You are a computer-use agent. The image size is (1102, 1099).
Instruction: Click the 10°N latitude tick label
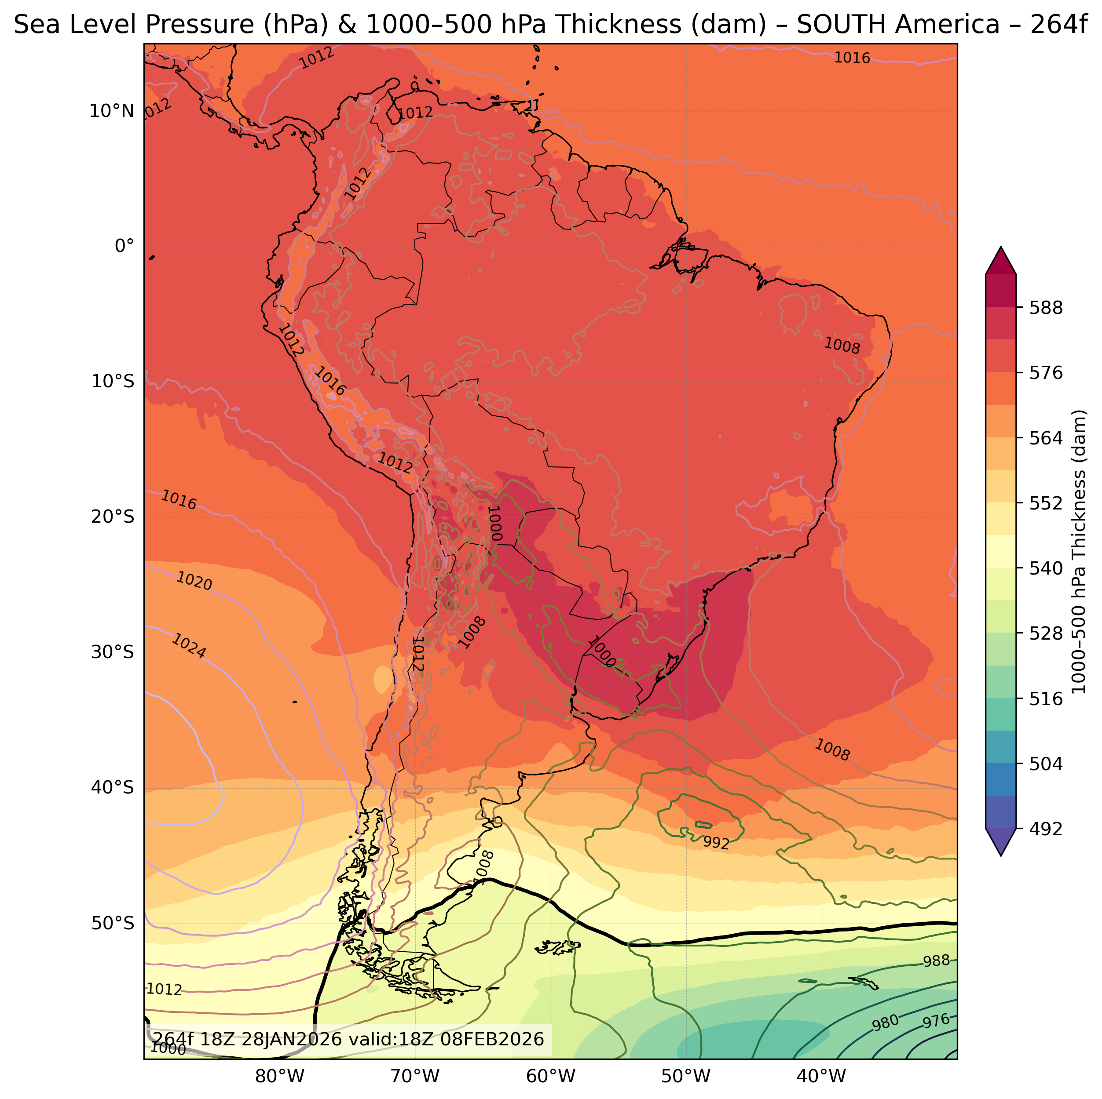pyautogui.click(x=112, y=111)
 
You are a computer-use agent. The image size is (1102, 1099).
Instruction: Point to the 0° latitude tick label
pyautogui.click(x=125, y=246)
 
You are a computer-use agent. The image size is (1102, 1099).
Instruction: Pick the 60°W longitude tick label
pyautogui.click(x=550, y=1077)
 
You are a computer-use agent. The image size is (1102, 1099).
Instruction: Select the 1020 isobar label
pyautogui.click(x=194, y=582)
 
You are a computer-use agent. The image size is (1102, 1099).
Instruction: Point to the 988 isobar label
pyautogui.click(x=937, y=961)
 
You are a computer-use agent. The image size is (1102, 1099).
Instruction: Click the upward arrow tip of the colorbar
pyautogui.click(x=1000, y=248)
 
